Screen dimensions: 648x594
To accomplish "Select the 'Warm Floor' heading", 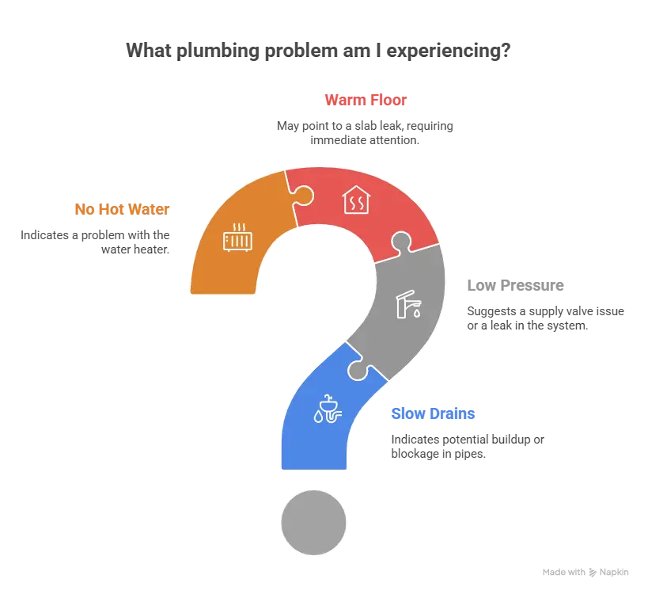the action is pyautogui.click(x=366, y=100).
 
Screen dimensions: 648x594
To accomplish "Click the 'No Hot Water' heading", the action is pyautogui.click(x=122, y=209).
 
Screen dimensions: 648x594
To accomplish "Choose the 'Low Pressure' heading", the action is pyautogui.click(x=515, y=285).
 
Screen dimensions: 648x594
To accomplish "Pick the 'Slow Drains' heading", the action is pyautogui.click(x=433, y=413).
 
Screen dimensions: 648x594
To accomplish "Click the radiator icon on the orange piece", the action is pyautogui.click(x=237, y=238).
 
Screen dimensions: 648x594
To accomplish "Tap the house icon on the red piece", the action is pyautogui.click(x=356, y=200).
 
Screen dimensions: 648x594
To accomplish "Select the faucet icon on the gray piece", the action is pyautogui.click(x=409, y=304).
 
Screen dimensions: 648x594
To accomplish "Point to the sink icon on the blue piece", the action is pyautogui.click(x=328, y=409).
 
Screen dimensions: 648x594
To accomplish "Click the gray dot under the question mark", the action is pyautogui.click(x=313, y=523).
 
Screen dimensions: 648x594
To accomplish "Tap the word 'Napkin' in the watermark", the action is pyautogui.click(x=614, y=572).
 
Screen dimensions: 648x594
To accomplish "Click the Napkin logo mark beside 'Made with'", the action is pyautogui.click(x=593, y=573).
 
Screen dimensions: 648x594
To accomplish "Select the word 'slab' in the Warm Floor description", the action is pyautogui.click(x=366, y=126).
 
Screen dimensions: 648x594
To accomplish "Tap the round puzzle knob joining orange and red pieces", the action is pyautogui.click(x=304, y=196).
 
